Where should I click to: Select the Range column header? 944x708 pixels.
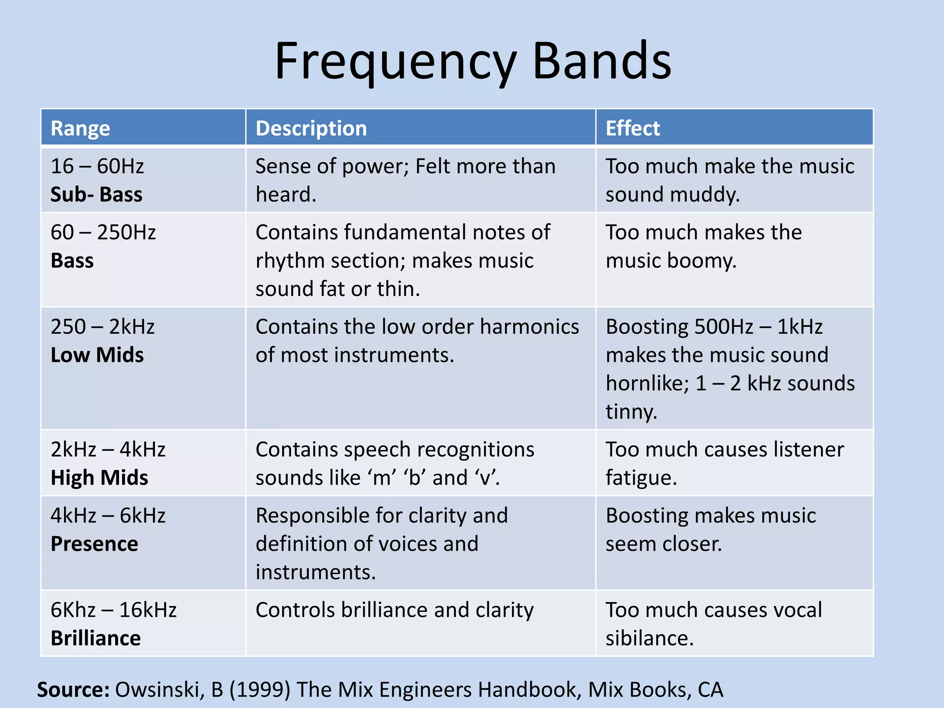click(x=80, y=128)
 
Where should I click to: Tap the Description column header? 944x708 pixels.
click(x=311, y=128)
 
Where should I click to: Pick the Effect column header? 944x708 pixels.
click(x=632, y=128)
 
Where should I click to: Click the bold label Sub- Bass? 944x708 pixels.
click(x=96, y=195)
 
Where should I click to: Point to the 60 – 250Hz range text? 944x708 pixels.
click(x=103, y=232)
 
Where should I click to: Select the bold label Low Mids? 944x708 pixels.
click(x=97, y=355)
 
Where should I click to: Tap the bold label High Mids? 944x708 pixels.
click(x=100, y=478)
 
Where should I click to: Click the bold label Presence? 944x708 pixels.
click(x=94, y=544)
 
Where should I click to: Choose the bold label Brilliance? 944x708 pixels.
click(x=96, y=638)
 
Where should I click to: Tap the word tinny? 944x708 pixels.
click(x=631, y=412)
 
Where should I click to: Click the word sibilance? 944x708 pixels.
click(x=649, y=638)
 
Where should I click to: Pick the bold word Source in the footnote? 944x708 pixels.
click(x=73, y=690)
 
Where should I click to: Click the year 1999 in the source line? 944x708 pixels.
click(x=260, y=690)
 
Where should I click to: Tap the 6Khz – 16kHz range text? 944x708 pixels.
click(x=113, y=610)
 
